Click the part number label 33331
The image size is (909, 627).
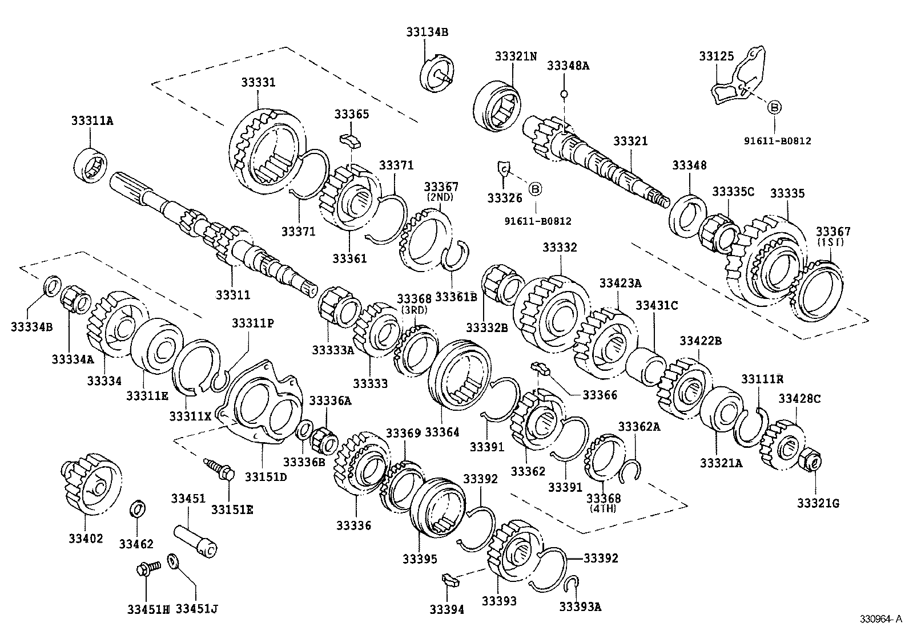tap(257, 83)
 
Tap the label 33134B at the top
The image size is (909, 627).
tap(427, 33)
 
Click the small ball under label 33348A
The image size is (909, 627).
tap(564, 94)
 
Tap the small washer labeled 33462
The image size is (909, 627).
tap(138, 509)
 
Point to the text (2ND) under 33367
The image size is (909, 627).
tap(440, 197)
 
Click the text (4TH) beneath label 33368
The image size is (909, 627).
tap(604, 508)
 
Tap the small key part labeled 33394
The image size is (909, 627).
tap(451, 582)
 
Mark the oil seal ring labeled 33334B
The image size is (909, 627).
tap(52, 285)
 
